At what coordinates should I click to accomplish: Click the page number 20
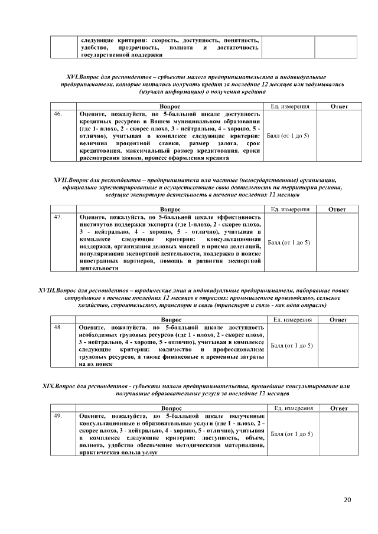pos(347,500)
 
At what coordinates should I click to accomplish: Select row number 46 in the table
pos(58,113)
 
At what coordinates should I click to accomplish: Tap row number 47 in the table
pos(58,217)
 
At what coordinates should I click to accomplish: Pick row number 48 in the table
pos(58,327)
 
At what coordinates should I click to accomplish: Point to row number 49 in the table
pos(58,416)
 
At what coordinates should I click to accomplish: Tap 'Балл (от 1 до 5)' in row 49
pos(291,434)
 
